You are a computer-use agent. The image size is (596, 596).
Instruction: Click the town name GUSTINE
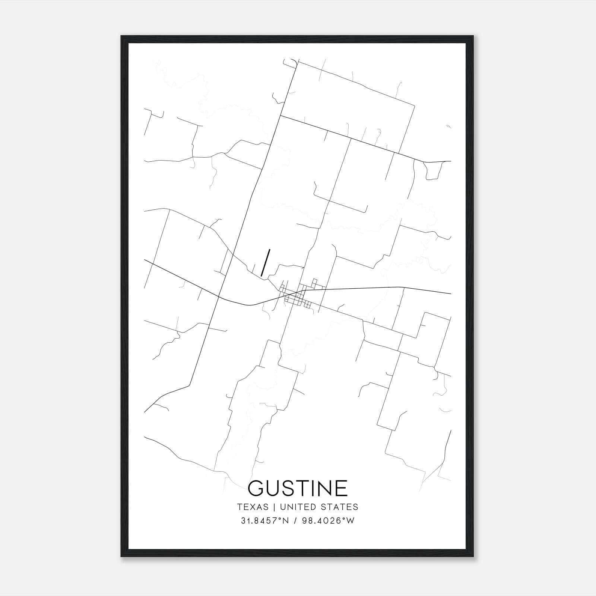point(298,488)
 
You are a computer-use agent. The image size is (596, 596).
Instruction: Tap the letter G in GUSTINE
point(257,488)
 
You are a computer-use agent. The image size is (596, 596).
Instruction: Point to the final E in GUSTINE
point(340,488)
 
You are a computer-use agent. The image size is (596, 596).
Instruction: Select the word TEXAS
point(253,507)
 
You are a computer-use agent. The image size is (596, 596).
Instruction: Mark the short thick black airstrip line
point(266,263)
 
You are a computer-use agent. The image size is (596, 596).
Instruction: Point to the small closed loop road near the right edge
point(433,171)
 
